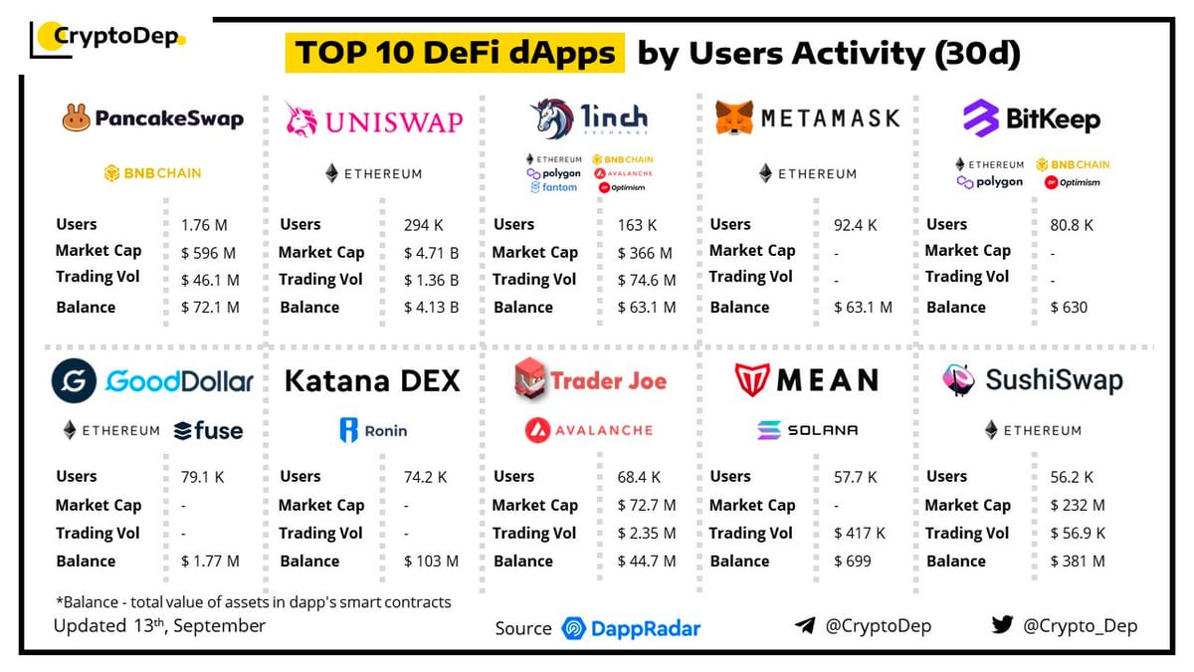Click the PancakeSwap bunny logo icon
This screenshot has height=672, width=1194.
click(76, 119)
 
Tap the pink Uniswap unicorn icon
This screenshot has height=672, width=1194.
click(300, 118)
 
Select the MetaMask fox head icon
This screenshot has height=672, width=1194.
click(734, 118)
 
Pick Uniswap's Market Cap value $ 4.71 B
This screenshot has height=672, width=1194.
click(431, 253)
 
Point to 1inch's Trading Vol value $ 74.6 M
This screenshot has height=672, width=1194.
click(646, 280)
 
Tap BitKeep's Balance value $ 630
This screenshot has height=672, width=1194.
click(1069, 308)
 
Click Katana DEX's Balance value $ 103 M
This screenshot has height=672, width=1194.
click(431, 561)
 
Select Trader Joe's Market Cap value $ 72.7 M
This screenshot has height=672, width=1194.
click(646, 506)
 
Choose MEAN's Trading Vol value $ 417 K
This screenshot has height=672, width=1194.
click(861, 534)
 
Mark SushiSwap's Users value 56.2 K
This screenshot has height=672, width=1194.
click(1072, 477)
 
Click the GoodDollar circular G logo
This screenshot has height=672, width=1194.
click(74, 381)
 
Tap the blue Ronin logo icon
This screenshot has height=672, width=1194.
click(348, 430)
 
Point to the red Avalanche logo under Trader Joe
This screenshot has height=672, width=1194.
click(538, 430)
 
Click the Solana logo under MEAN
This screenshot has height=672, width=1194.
click(769, 430)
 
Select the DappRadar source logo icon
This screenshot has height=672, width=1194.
click(573, 628)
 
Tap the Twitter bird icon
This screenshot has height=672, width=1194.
click(1002, 625)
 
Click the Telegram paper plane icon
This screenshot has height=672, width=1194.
click(805, 625)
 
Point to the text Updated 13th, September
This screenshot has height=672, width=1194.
click(159, 626)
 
